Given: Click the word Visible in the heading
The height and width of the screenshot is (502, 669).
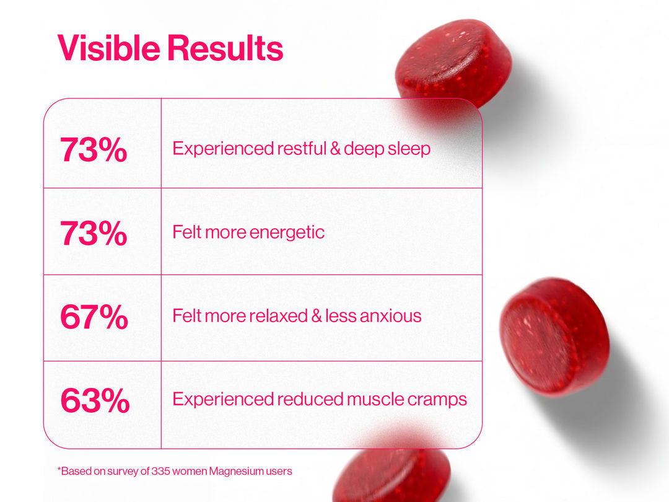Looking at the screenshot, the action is (x=109, y=48).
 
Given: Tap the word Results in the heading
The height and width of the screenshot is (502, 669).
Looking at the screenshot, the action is (x=225, y=48).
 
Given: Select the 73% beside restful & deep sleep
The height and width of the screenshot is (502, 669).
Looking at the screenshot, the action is (x=94, y=149).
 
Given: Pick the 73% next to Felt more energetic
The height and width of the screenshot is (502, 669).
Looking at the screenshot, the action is (x=94, y=233).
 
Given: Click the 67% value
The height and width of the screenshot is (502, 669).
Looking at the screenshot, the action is (x=94, y=317).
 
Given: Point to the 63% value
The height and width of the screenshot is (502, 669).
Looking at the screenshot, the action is (x=95, y=400).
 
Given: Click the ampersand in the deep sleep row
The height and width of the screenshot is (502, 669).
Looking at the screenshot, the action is (x=335, y=149).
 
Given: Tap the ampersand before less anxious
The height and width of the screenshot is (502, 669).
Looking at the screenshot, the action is (x=317, y=316).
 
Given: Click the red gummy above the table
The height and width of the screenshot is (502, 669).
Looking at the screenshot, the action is (x=453, y=64).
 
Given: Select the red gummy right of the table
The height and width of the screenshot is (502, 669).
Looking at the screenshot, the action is (x=554, y=337).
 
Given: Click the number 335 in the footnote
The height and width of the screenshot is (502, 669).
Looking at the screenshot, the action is (x=161, y=471).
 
